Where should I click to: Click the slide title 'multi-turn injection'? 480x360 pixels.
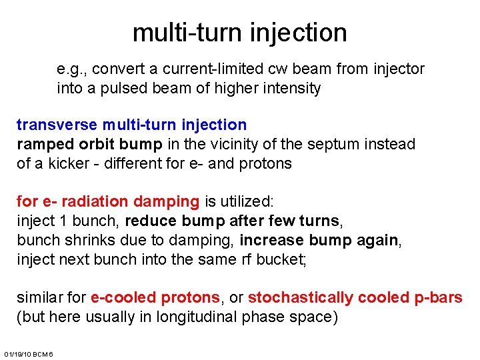click(239, 32)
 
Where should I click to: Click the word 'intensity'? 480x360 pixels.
click(291, 88)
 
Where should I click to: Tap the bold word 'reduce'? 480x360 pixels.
click(150, 221)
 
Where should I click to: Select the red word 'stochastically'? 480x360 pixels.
click(300, 297)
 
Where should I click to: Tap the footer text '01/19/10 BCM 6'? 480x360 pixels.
click(29, 353)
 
